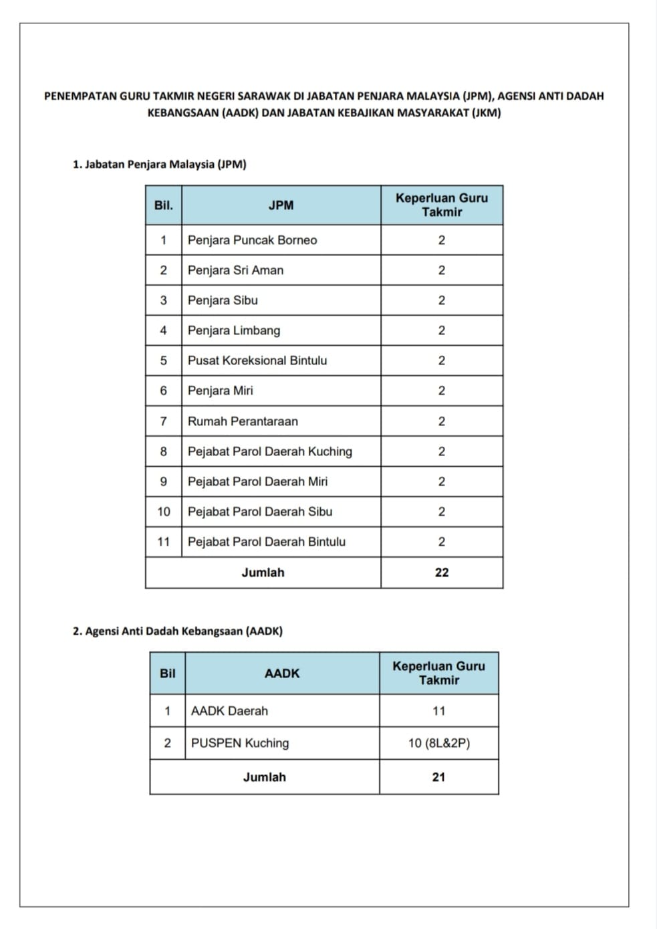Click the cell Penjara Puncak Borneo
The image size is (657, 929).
tap(252, 240)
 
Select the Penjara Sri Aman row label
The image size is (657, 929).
tap(235, 270)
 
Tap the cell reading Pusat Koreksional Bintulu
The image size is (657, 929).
tap(257, 360)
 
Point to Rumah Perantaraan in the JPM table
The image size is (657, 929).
tap(243, 421)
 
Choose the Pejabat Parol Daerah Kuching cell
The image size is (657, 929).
tap(269, 451)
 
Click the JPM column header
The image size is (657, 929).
tap(281, 205)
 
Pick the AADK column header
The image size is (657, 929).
tap(282, 674)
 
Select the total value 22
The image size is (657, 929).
tap(442, 573)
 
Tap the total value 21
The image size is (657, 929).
tap(438, 777)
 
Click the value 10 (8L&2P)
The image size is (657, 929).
tap(439, 743)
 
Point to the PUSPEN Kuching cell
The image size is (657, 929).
tap(240, 743)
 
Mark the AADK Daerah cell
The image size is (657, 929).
tap(229, 711)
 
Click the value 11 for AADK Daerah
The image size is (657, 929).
tap(439, 711)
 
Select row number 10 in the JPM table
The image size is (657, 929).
tap(164, 512)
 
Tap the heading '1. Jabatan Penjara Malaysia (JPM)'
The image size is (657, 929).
tap(159, 164)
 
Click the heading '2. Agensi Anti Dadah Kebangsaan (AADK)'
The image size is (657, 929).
tap(177, 631)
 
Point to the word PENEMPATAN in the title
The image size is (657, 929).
tap(80, 96)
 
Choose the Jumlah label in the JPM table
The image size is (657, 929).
tap(263, 573)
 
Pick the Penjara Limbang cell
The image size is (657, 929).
tap(234, 330)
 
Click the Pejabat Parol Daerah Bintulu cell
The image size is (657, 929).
tap(266, 542)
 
